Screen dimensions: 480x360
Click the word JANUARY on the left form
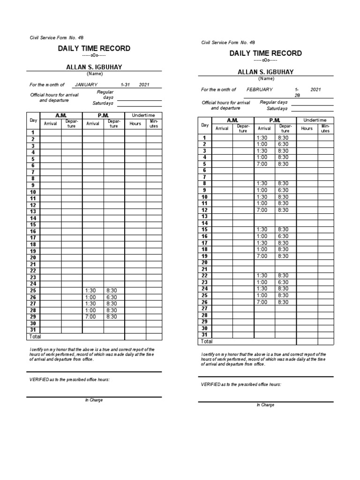point(86,84)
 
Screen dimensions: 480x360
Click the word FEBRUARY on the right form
point(260,89)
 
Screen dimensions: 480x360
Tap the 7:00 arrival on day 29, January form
point(90,317)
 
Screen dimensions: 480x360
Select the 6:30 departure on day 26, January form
point(112,297)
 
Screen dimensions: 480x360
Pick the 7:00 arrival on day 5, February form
point(262,164)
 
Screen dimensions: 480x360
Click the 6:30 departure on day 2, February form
point(284,144)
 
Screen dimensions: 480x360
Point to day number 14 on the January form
point(33,218)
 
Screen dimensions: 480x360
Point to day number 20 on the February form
point(204,262)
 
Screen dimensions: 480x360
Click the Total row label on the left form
point(35,337)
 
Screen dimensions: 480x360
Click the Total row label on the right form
point(207,342)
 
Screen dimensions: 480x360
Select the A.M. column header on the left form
point(61,115)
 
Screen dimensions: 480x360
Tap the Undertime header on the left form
point(143,115)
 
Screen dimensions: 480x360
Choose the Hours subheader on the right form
point(307,128)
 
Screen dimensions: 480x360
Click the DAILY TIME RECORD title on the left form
point(94,49)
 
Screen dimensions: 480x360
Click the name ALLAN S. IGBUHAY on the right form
point(265,72)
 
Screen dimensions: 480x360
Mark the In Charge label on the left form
point(94,400)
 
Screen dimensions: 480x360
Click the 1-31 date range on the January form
point(125,84)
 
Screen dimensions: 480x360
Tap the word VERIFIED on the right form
point(210,384)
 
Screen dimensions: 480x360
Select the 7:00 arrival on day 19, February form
point(262,256)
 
